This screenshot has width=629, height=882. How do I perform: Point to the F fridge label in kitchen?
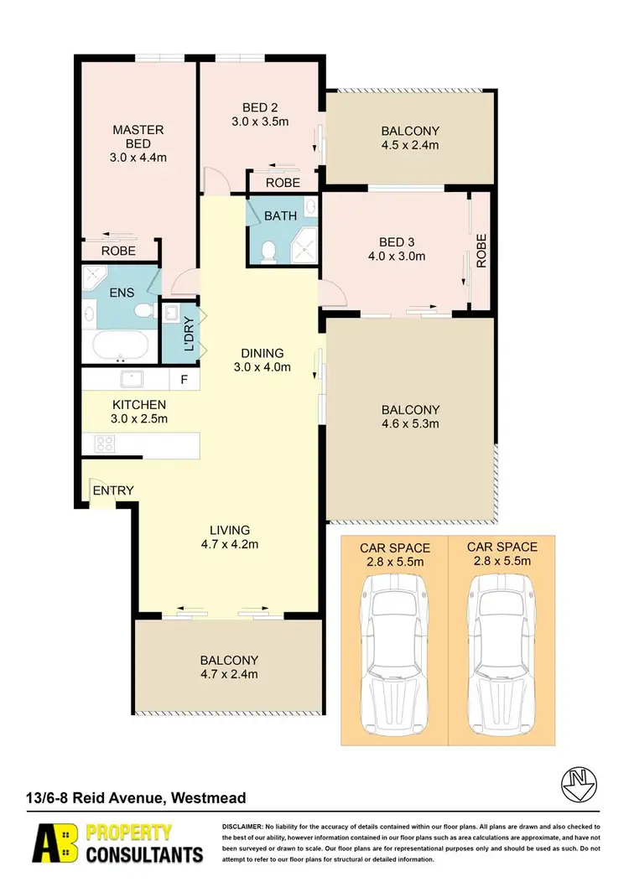[185, 380]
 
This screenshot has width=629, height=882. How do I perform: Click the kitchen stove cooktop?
[106, 444]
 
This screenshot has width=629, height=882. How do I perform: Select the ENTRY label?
[112, 490]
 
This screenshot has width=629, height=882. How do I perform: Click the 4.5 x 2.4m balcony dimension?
[410, 145]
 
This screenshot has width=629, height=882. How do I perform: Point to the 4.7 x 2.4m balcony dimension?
[229, 674]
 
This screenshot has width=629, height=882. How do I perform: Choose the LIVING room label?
[229, 530]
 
